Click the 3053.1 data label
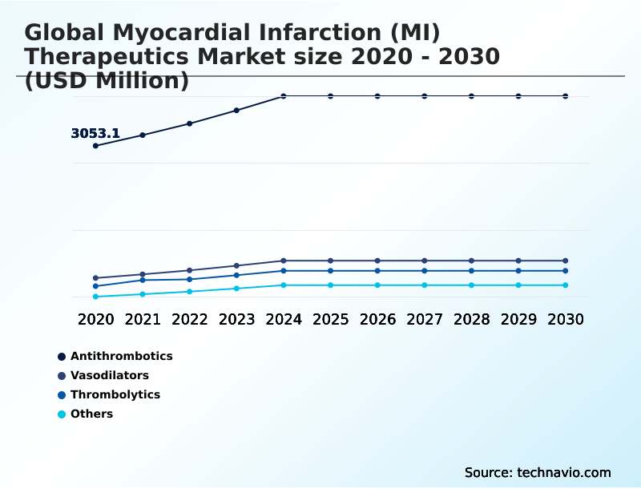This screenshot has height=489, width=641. coord(95,134)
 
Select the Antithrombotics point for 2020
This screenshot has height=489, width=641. coord(95,146)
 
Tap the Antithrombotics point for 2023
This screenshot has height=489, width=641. coord(236,110)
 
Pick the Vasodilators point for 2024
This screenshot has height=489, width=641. coord(284,261)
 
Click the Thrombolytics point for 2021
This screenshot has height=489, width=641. coord(143,280)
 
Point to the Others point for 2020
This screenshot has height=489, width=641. coord(95,297)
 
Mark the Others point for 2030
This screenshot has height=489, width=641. coord(566,285)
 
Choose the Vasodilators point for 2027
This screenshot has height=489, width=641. coord(425,261)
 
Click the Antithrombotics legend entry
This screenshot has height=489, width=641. coord(121,356)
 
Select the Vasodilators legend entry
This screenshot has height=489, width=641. coord(109,375)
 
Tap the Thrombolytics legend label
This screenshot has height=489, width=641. coord(115,394)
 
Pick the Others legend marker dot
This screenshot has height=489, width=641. coord(62,414)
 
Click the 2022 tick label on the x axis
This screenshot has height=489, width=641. coord(190,319)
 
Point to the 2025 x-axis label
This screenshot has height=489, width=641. coord(331,319)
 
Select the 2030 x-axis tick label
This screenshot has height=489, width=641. coord(566,319)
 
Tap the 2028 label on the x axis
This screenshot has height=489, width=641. coord(472,319)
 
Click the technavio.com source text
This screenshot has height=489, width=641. coord(564,472)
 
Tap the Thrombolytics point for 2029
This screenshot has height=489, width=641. coord(518,271)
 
